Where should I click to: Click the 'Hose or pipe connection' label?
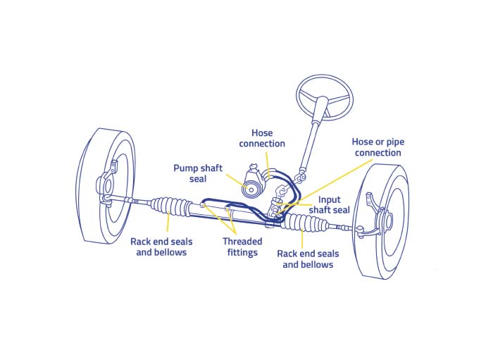tap(377, 147)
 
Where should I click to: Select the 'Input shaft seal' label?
tap(329, 205)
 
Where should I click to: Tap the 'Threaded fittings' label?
tap(242, 247)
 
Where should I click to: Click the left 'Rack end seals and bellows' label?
tap(161, 247)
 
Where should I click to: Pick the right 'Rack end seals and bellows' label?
tap(308, 259)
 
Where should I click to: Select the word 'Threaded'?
tap(242, 241)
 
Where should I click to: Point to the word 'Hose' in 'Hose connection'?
tap(262, 132)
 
